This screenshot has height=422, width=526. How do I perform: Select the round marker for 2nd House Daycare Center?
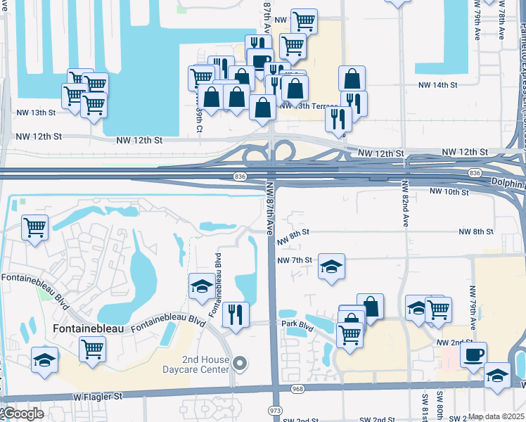point(240,364)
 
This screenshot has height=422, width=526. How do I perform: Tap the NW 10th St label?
point(449,191)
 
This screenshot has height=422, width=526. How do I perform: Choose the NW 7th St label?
point(295,260)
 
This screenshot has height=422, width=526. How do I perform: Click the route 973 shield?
point(276,409)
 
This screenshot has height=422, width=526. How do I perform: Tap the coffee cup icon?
point(473,353)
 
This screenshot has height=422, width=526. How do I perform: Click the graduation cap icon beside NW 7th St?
point(331,266)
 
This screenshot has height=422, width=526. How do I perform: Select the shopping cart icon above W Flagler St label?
point(92,347)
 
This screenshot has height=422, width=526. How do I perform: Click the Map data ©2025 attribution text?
point(496,417)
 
